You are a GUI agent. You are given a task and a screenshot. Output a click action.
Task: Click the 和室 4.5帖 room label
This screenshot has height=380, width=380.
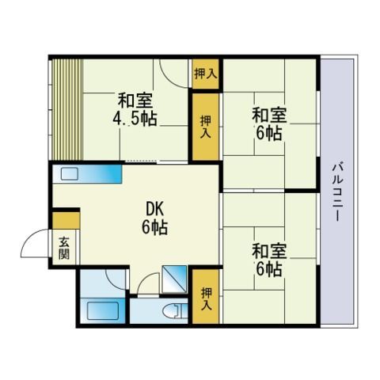click(135, 109)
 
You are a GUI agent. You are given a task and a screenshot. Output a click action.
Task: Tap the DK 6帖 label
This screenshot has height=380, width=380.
click(155, 218)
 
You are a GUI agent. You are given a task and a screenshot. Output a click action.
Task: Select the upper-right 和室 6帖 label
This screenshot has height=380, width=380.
click(269, 123)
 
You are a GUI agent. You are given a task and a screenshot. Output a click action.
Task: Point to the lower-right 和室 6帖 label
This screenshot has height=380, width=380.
click(269, 260)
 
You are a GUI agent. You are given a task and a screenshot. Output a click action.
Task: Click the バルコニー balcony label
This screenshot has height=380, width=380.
click(337, 192)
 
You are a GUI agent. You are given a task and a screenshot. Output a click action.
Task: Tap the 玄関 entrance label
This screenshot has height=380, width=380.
click(64, 248)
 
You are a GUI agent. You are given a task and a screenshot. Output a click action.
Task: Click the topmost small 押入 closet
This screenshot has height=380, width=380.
click(206, 74)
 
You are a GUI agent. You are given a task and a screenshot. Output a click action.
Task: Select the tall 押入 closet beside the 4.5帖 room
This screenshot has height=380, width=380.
click(206, 127)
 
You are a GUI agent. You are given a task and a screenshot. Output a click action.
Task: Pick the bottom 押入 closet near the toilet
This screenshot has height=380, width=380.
click(206, 297)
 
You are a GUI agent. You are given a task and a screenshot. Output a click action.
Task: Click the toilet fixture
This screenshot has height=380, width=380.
click(177, 311)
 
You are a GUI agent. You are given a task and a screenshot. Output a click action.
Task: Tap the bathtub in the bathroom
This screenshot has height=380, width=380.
click(102, 311)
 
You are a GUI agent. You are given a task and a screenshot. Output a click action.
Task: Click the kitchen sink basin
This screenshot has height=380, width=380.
click(70, 174)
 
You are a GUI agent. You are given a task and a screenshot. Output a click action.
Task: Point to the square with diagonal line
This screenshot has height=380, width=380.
click(174, 279)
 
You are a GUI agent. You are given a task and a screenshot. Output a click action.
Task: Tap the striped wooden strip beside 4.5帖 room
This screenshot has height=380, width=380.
click(67, 109)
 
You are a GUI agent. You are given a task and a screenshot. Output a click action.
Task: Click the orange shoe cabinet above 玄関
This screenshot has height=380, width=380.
click(66, 221)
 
